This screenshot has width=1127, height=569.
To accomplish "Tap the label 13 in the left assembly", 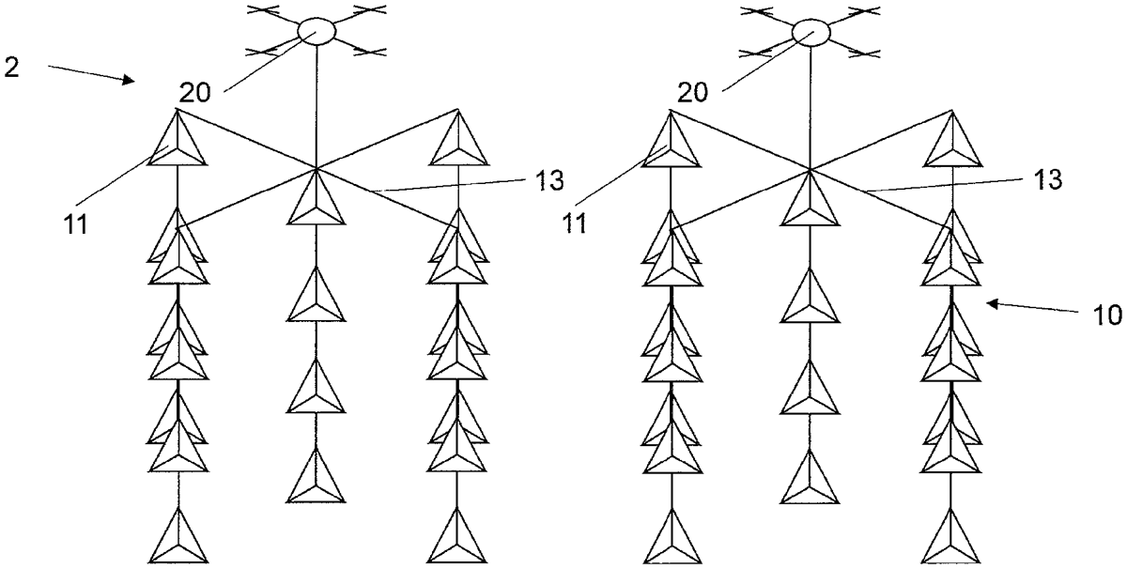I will (549, 180).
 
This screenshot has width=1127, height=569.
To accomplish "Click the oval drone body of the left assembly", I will (316, 32).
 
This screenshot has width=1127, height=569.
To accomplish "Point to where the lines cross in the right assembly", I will (810, 170).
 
